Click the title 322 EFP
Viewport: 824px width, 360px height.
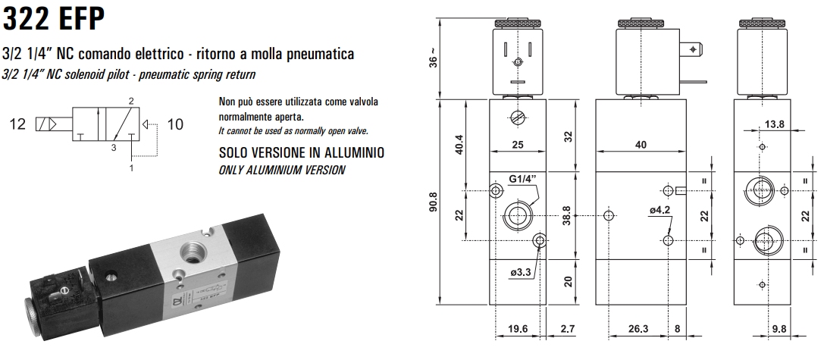[x=54, y=18]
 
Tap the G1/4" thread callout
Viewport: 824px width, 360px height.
[x=524, y=179]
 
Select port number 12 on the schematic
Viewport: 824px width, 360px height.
[x=17, y=124]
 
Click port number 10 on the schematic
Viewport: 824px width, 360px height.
[x=175, y=124]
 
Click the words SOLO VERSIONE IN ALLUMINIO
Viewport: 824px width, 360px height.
[x=301, y=153]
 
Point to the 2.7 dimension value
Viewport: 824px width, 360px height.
[x=566, y=330]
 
